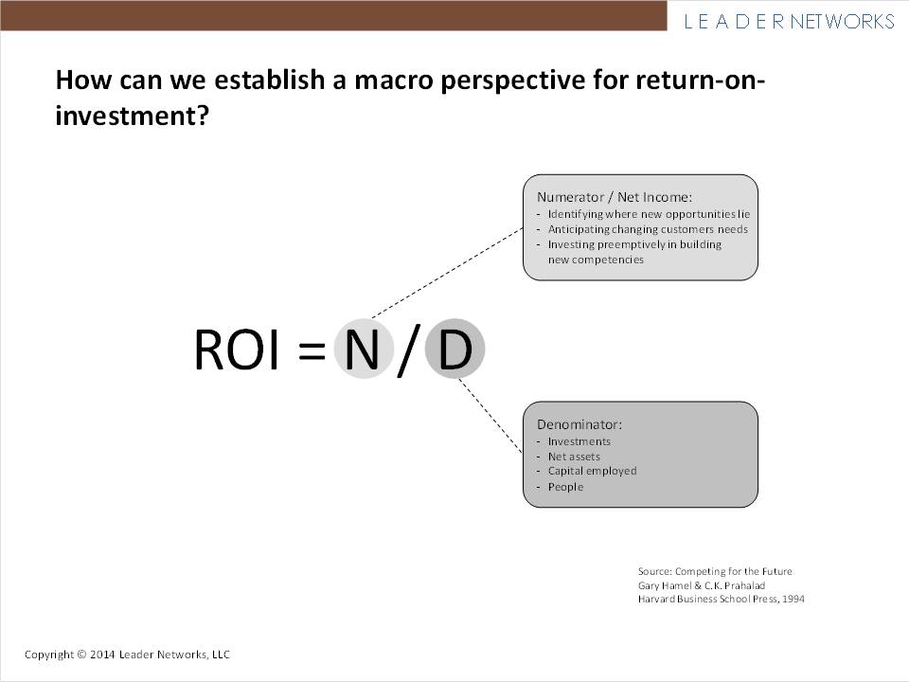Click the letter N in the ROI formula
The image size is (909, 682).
click(363, 349)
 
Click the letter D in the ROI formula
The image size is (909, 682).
click(455, 349)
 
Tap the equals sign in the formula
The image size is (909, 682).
click(312, 350)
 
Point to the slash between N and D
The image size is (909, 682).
click(408, 350)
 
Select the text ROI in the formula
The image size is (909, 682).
click(237, 350)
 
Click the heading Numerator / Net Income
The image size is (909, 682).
click(615, 197)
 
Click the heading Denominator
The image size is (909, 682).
click(579, 424)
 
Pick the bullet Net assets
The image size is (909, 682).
click(574, 457)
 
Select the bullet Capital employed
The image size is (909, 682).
click(592, 471)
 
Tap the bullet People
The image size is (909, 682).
click(565, 487)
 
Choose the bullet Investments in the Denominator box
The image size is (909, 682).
click(579, 441)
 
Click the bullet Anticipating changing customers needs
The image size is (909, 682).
click(648, 229)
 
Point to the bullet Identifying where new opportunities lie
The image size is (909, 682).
click(649, 214)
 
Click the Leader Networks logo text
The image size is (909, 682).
click(789, 22)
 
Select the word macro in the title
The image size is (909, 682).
click(394, 80)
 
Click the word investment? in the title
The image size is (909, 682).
click(132, 115)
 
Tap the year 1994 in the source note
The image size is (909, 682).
click(793, 599)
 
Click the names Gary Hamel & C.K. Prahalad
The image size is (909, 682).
click(702, 585)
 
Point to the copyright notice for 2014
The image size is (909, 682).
click(127, 655)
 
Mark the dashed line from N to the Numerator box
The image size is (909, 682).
click(447, 273)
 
